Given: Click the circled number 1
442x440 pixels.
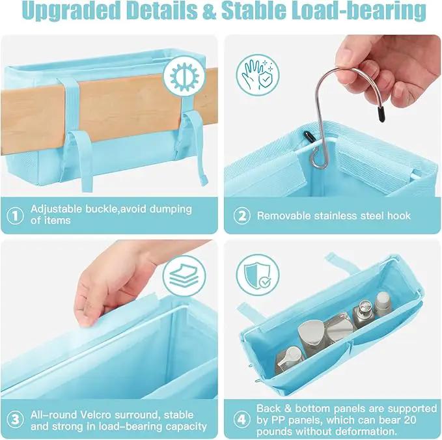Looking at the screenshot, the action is click(x=15, y=216).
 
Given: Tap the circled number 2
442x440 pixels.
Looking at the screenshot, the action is click(x=242, y=216).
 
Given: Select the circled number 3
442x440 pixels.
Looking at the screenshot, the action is click(x=15, y=420).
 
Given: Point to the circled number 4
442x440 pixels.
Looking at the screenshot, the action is click(x=242, y=420).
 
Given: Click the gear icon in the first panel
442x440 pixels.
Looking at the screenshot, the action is click(x=185, y=76).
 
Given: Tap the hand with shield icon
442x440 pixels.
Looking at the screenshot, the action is click(x=258, y=76).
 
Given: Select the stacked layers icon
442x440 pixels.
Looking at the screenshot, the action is click(x=185, y=276).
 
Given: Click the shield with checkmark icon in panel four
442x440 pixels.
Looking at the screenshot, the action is click(x=258, y=275).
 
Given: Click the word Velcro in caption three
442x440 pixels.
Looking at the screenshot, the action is click(x=95, y=415).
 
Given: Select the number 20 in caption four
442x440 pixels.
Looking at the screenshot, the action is click(x=409, y=420).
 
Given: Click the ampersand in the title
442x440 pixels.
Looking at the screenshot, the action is click(x=209, y=10).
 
